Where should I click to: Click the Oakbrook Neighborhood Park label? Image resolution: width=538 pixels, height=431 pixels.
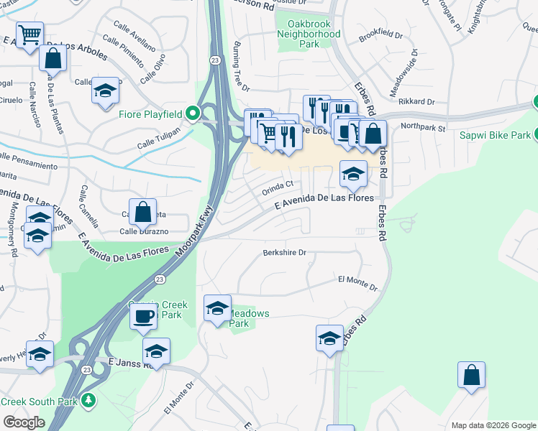(x=309, y=34)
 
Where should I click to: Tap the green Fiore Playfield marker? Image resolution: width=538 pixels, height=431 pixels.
(x=192, y=113)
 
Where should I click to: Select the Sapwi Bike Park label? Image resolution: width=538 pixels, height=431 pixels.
(x=496, y=134)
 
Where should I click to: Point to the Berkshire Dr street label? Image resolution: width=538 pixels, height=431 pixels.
(x=285, y=253)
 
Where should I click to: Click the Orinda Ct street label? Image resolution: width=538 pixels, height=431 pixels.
(x=278, y=185)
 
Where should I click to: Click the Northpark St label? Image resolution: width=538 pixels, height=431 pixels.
(x=424, y=126)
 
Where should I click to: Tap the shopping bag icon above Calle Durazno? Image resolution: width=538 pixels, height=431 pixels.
(x=143, y=212)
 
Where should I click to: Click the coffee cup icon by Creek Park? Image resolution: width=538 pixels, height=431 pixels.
(x=143, y=316)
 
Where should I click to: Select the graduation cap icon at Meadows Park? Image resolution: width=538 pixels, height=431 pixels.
(x=217, y=308)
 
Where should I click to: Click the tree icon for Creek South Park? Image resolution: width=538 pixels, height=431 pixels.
(x=88, y=399)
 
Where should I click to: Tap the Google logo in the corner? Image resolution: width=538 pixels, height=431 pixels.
(x=24, y=422)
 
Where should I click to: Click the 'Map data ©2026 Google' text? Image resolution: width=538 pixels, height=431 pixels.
(x=493, y=425)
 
